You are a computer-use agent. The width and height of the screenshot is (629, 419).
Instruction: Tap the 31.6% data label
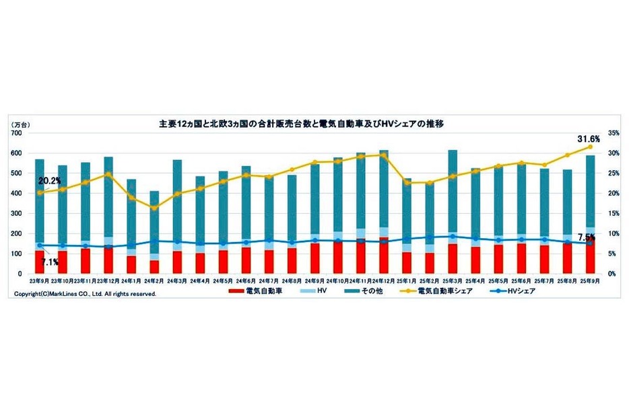(588, 139)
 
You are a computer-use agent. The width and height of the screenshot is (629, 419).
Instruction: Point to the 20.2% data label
(50, 181)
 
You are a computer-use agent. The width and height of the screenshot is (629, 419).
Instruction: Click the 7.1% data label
(48, 262)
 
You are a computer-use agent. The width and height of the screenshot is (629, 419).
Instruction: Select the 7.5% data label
(587, 237)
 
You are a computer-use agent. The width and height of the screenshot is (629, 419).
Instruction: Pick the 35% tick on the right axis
(613, 133)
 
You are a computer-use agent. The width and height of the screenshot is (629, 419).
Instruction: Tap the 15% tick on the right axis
(613, 214)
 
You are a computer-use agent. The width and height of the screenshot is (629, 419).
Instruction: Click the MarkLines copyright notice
(85, 294)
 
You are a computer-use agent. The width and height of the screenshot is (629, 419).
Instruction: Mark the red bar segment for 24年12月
(384, 256)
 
